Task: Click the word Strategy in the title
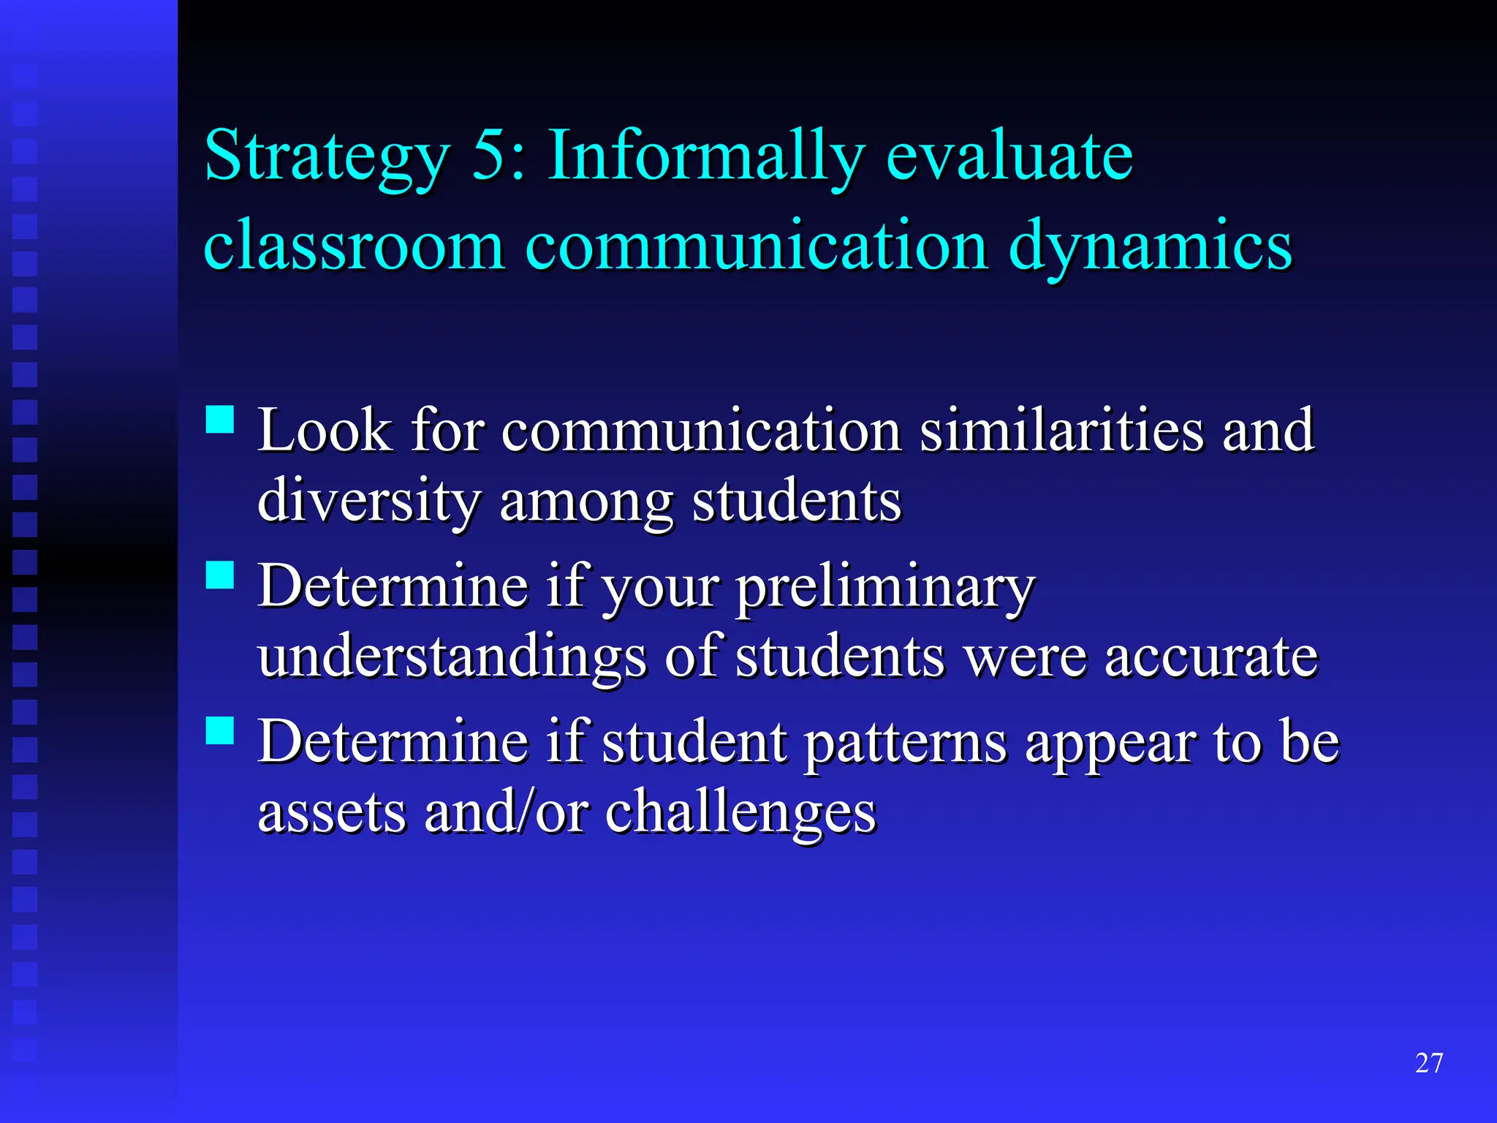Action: pyautogui.click(x=327, y=157)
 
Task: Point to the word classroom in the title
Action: pyautogui.click(x=354, y=245)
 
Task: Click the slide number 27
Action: pyautogui.click(x=1428, y=1063)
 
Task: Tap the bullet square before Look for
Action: pyautogui.click(x=220, y=420)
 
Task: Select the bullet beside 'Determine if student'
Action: pyautogui.click(x=220, y=730)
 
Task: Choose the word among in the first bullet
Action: pyautogui.click(x=586, y=503)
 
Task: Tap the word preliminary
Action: pyautogui.click(x=885, y=587)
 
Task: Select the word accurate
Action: pyautogui.click(x=1211, y=656)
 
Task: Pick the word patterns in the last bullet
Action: pyautogui.click(x=905, y=743)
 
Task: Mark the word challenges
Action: pyautogui.click(x=740, y=812)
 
